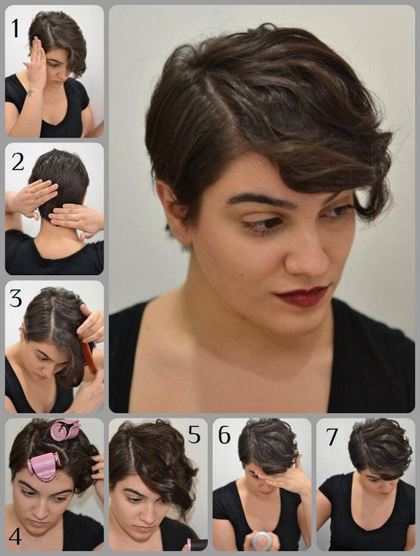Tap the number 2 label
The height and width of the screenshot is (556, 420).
[x=18, y=162]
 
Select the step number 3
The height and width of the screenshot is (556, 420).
[x=16, y=298]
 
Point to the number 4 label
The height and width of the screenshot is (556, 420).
[x=15, y=536]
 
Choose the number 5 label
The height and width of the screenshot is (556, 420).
[x=194, y=435]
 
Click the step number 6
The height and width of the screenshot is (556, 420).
[x=224, y=435]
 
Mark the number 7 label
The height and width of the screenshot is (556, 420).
[x=332, y=436]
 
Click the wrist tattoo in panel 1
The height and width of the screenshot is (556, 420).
[x=29, y=93]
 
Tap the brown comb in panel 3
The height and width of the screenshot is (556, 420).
[x=89, y=356]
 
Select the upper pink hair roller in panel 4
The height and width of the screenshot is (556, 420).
[x=64, y=430]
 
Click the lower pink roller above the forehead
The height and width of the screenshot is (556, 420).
[x=43, y=466]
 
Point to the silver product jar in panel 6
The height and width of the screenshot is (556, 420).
[x=261, y=540]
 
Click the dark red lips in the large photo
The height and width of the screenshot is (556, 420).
[x=303, y=296]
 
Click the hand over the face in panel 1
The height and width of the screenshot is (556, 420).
[x=37, y=64]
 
